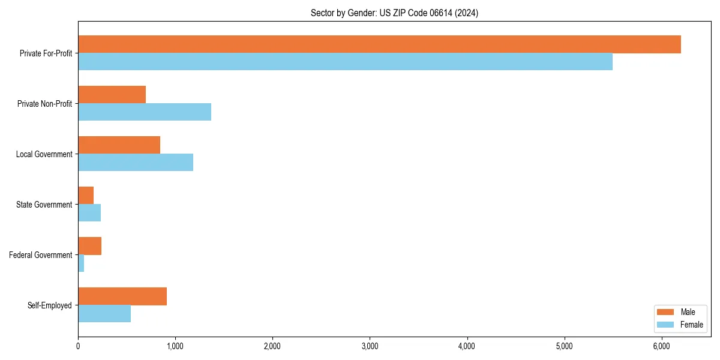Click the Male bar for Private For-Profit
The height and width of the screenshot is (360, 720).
379,44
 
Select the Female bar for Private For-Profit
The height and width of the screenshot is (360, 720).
345,62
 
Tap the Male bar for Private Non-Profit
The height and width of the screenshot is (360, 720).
112,95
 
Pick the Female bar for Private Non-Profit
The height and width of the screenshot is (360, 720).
145,112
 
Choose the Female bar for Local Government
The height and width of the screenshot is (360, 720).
136,163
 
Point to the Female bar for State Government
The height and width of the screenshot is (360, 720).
89,213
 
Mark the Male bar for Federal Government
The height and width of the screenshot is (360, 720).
89,246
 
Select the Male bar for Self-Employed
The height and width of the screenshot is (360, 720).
122,296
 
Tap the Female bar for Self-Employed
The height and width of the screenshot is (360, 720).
104,314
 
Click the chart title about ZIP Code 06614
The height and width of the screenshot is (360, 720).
394,13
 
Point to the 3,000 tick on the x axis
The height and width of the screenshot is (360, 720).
370,346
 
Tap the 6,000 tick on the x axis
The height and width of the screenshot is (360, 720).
661,346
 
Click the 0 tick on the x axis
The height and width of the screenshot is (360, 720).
78,346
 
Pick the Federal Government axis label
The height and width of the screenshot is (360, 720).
41,255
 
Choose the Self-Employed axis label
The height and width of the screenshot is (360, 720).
50,305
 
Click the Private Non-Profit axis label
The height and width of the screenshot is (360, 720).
44,104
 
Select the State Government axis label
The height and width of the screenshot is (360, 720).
44,205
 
